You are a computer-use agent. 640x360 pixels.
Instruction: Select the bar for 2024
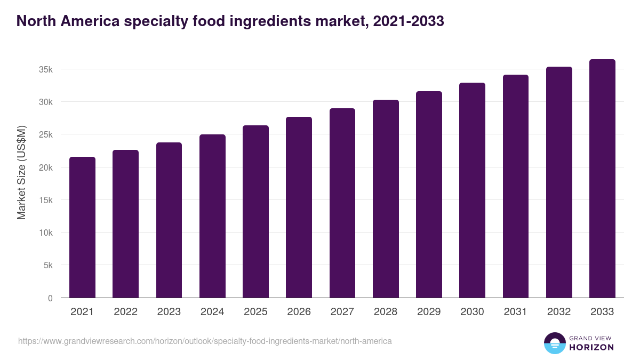tap(212, 216)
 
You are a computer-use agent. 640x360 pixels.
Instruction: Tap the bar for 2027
tap(342, 203)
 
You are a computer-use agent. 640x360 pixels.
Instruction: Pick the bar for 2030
tap(472, 190)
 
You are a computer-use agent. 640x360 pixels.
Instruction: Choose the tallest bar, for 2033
tap(602, 179)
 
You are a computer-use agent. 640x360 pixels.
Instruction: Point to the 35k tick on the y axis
tap(45, 70)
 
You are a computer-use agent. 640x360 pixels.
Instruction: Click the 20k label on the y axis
tap(45, 167)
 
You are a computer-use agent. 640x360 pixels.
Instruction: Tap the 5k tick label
tap(48, 266)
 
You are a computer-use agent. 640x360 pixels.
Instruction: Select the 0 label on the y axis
tap(50, 298)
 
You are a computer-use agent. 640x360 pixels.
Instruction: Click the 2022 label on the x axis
tap(125, 312)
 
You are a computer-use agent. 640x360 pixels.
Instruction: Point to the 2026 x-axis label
tap(299, 312)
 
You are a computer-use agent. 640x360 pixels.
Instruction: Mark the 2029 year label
tap(429, 312)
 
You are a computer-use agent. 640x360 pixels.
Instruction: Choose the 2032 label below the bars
tap(559, 312)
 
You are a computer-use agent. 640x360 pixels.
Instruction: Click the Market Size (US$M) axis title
tap(22, 172)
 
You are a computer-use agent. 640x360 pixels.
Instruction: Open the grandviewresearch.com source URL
tap(205, 341)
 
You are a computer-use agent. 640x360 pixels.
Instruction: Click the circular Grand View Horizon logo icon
tap(555, 343)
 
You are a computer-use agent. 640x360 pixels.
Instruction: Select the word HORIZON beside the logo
tap(591, 347)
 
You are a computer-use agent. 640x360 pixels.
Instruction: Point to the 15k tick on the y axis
tap(45, 201)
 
